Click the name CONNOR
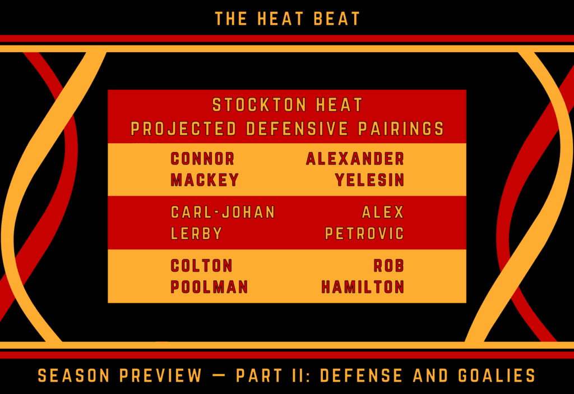point(202,159)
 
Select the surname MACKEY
point(205,180)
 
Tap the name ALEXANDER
point(355,159)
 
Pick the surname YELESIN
point(369,180)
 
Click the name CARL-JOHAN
point(223,212)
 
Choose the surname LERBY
point(197,233)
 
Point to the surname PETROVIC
point(364,233)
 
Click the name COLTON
point(201,265)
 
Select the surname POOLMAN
point(209,287)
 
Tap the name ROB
point(388,265)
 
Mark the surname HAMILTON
point(363,287)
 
